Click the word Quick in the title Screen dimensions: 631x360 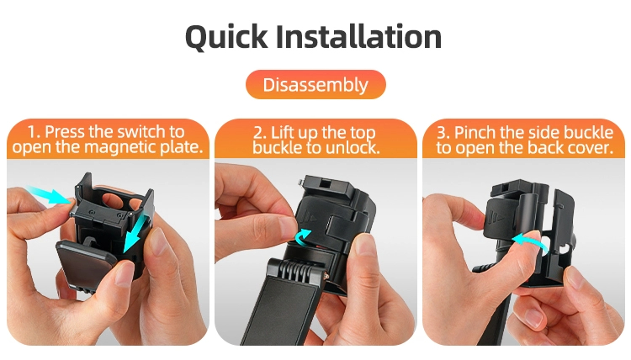pos(226,37)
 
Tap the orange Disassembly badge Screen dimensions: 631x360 pos(315,84)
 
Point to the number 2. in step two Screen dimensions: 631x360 pos(259,133)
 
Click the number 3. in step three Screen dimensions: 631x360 pos(443,133)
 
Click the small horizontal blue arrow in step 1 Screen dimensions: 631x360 pos(48,194)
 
